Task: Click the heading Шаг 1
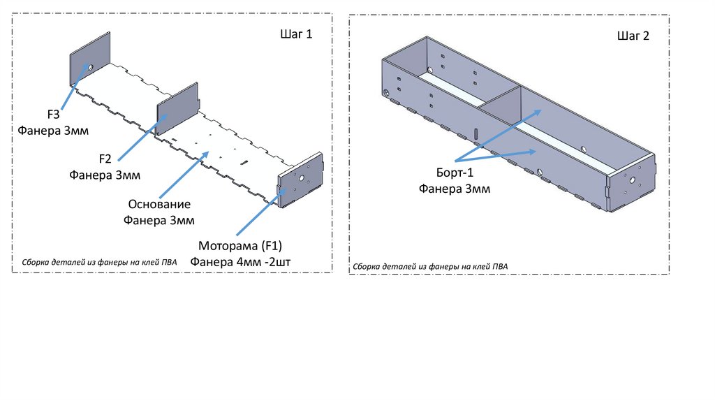[x=296, y=35]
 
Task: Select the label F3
[x=53, y=115]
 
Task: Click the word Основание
[x=159, y=205]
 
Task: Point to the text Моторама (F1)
[x=239, y=246]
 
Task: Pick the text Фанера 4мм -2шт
[x=239, y=262]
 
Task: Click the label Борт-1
[x=455, y=173]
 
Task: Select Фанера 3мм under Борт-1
[x=455, y=189]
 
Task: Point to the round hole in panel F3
[x=90, y=67]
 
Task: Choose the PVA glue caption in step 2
[x=431, y=267]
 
